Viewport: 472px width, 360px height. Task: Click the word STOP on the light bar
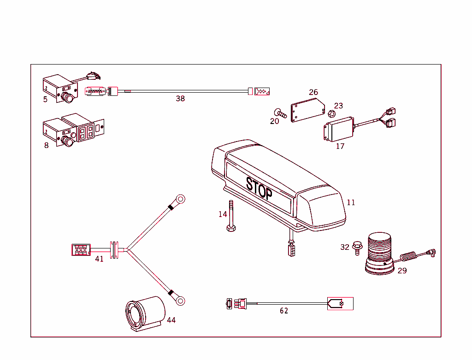coord(259,188)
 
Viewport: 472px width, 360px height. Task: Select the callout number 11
coord(351,202)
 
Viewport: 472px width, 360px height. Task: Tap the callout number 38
coord(180,99)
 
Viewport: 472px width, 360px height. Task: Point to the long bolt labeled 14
coord(230,217)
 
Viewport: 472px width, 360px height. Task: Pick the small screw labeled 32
coord(357,248)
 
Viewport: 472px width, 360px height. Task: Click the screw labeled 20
coord(280,113)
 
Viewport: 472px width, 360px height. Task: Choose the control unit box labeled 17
coord(339,130)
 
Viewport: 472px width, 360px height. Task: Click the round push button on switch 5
coord(68,98)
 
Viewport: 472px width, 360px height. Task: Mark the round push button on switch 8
coord(68,141)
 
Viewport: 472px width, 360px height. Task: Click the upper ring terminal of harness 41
coord(180,200)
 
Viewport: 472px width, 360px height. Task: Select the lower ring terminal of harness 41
coord(180,301)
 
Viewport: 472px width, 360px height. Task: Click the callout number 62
coord(284,311)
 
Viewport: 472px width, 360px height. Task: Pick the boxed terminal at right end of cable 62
coord(340,304)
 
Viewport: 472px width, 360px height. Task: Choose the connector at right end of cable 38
coord(261,91)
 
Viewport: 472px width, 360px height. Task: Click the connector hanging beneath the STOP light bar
coord(291,251)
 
